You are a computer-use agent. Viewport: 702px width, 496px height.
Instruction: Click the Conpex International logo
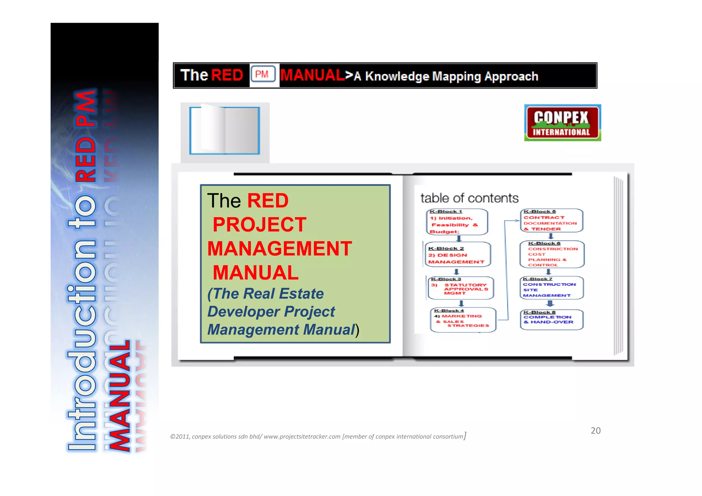tap(562, 123)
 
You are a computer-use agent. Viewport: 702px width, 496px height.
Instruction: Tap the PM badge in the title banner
tap(263, 74)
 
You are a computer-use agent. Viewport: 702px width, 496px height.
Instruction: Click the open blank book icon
tap(225, 130)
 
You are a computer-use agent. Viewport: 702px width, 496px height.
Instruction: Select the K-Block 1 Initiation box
tap(457, 222)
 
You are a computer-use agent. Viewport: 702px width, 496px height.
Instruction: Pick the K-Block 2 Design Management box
tap(458, 255)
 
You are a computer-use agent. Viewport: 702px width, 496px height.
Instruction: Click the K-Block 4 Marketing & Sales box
tap(463, 320)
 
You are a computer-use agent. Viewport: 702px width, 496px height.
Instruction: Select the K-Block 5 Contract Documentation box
tap(551, 220)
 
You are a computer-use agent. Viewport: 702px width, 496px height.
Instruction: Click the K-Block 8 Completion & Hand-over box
tap(551, 319)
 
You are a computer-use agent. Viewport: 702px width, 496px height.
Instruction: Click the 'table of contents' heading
tap(469, 198)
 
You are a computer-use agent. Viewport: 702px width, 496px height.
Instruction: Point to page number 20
tap(595, 431)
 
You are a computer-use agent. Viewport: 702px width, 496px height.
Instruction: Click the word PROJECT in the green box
tap(259, 225)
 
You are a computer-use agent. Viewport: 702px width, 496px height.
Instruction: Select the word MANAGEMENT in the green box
tap(280, 249)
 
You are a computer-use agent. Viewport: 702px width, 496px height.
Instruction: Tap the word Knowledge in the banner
tap(397, 76)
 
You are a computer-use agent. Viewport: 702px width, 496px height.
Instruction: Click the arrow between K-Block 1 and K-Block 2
tap(459, 239)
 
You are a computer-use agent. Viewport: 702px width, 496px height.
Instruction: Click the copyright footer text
tap(318, 436)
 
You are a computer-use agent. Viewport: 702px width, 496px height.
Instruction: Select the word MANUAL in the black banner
tap(312, 75)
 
